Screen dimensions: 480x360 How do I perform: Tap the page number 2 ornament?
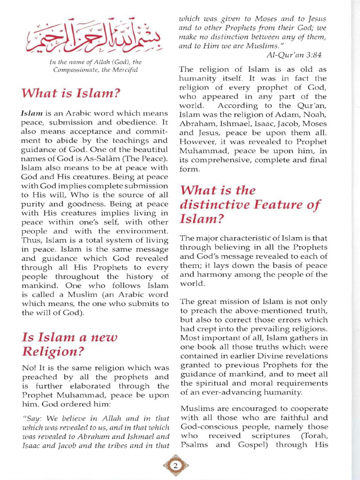click(x=175, y=466)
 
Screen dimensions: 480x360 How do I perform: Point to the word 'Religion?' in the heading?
click(x=53, y=351)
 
